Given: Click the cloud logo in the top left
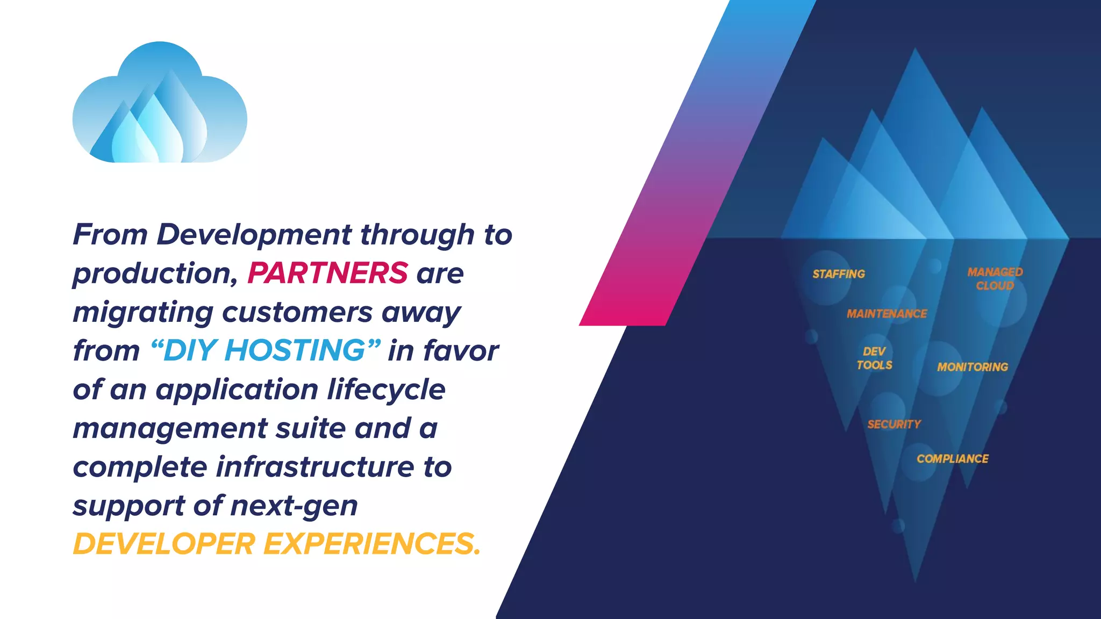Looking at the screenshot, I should (x=160, y=103).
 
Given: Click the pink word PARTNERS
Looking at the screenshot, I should (x=327, y=273).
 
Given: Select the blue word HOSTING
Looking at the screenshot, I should (x=295, y=350).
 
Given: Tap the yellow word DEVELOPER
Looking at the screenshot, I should (x=164, y=544).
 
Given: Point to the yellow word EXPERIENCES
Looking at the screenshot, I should (x=371, y=544).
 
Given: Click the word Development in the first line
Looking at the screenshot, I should (x=254, y=235).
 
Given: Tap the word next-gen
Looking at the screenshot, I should (x=294, y=506).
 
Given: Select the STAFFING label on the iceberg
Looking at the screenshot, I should (x=839, y=274).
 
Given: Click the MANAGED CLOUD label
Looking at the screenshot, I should (x=995, y=279).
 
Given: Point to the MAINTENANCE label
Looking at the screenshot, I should (x=887, y=314).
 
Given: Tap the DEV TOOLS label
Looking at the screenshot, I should (x=874, y=358).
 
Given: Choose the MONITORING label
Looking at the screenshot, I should (x=973, y=367).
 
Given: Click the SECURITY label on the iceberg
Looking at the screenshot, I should (x=894, y=424).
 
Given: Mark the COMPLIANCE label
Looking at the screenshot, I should (x=953, y=459).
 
